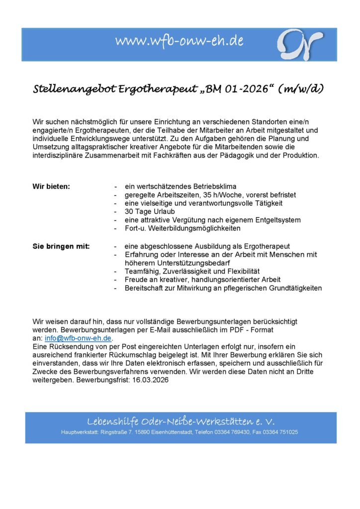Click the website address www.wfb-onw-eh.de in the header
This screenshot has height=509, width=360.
(x=180, y=41)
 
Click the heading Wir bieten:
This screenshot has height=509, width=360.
(x=51, y=186)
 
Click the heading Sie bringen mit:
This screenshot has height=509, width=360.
(x=61, y=246)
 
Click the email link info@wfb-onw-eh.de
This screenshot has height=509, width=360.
(x=78, y=338)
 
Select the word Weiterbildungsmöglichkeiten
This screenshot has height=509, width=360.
(x=191, y=228)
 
